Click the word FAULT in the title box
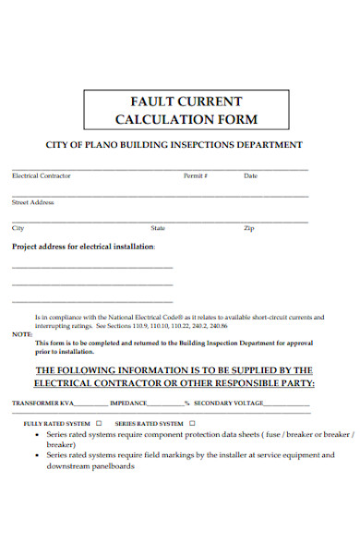pos(146,101)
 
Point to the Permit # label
pos(196,175)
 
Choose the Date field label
pos(250,175)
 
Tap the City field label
pos(18,227)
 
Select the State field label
pos(158,227)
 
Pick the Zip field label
pos(248,227)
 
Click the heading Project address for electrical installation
pos(83,247)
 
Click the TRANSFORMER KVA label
pos(42,403)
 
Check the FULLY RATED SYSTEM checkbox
pos(99,422)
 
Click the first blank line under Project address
pos(92,267)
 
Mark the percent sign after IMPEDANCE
pos(186,403)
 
